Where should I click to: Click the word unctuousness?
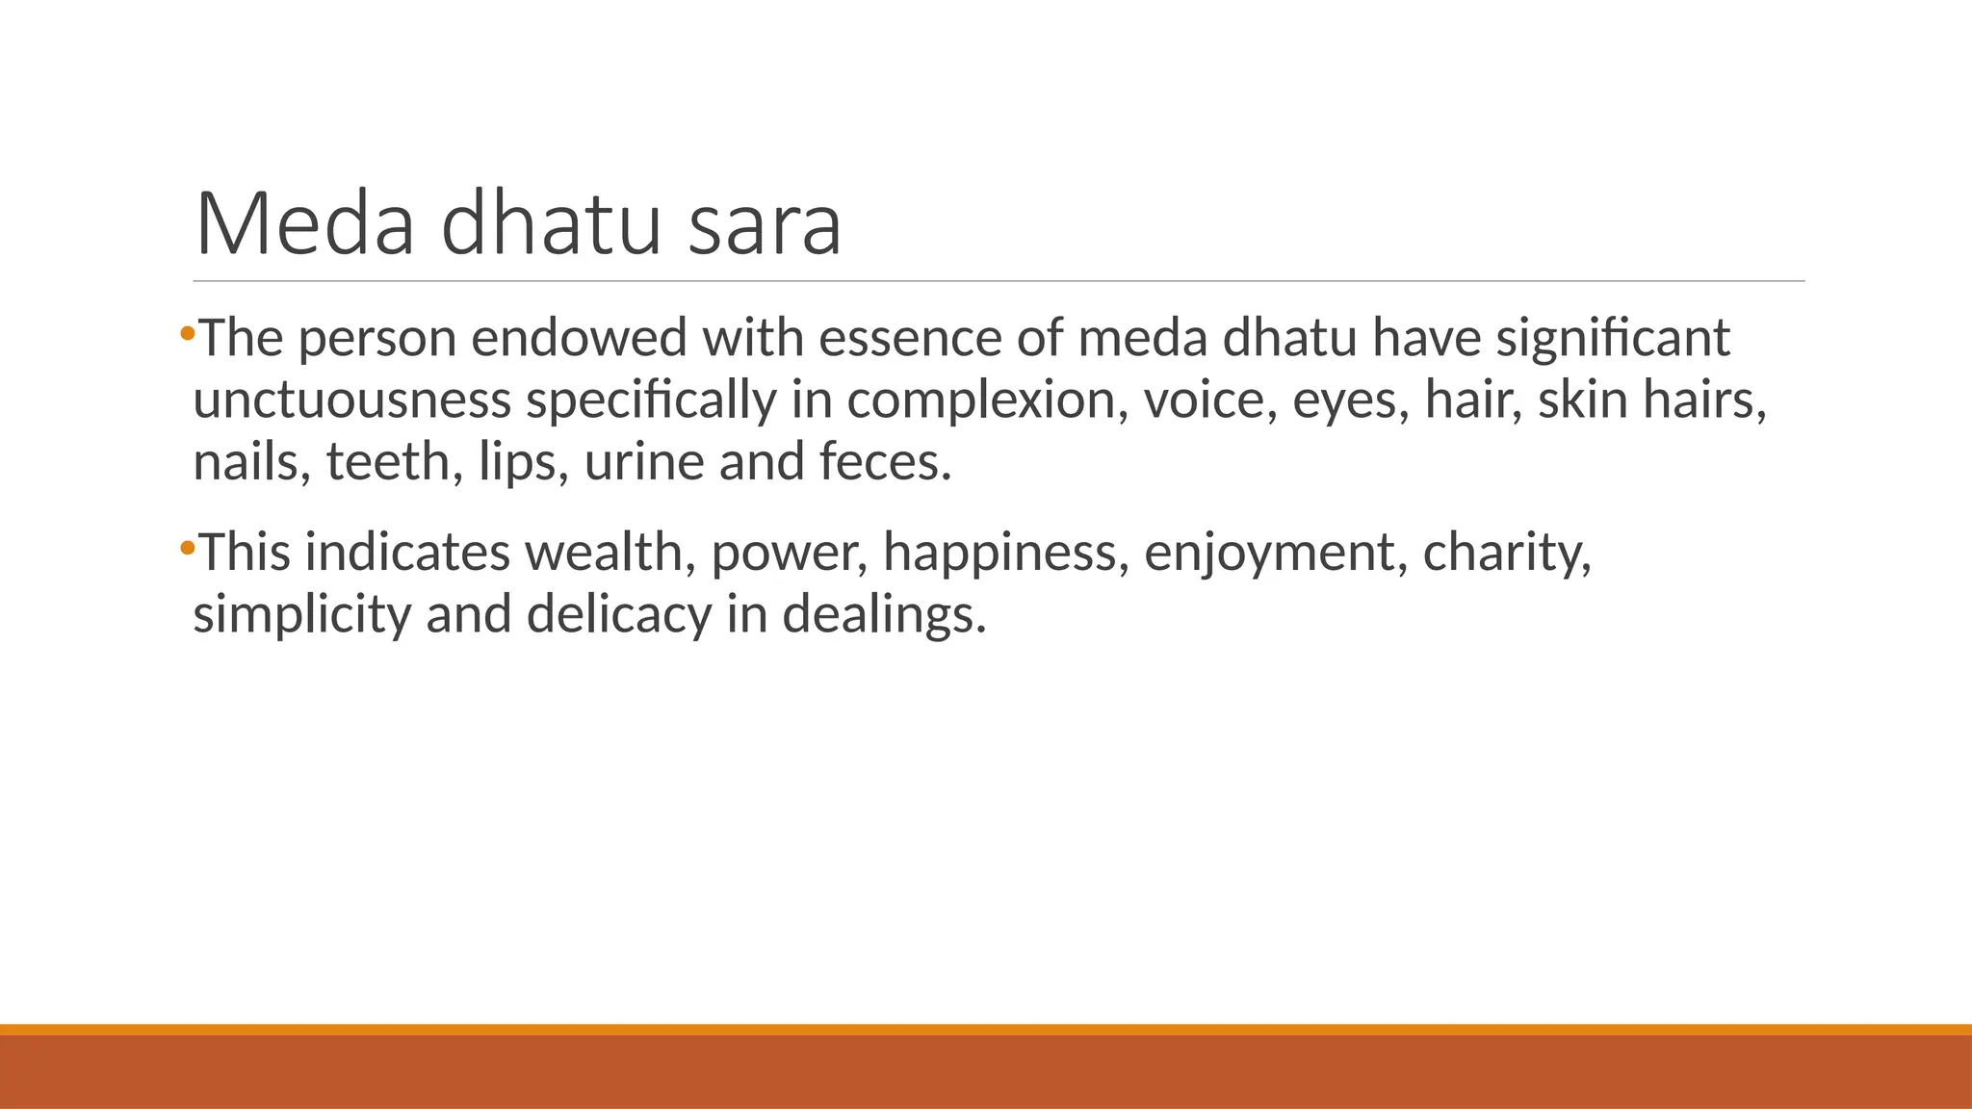[x=351, y=400]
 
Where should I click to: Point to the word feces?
[x=884, y=462]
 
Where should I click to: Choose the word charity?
[x=1506, y=554]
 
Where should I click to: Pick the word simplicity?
[x=301, y=615]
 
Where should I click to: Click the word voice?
[x=1210, y=400]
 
